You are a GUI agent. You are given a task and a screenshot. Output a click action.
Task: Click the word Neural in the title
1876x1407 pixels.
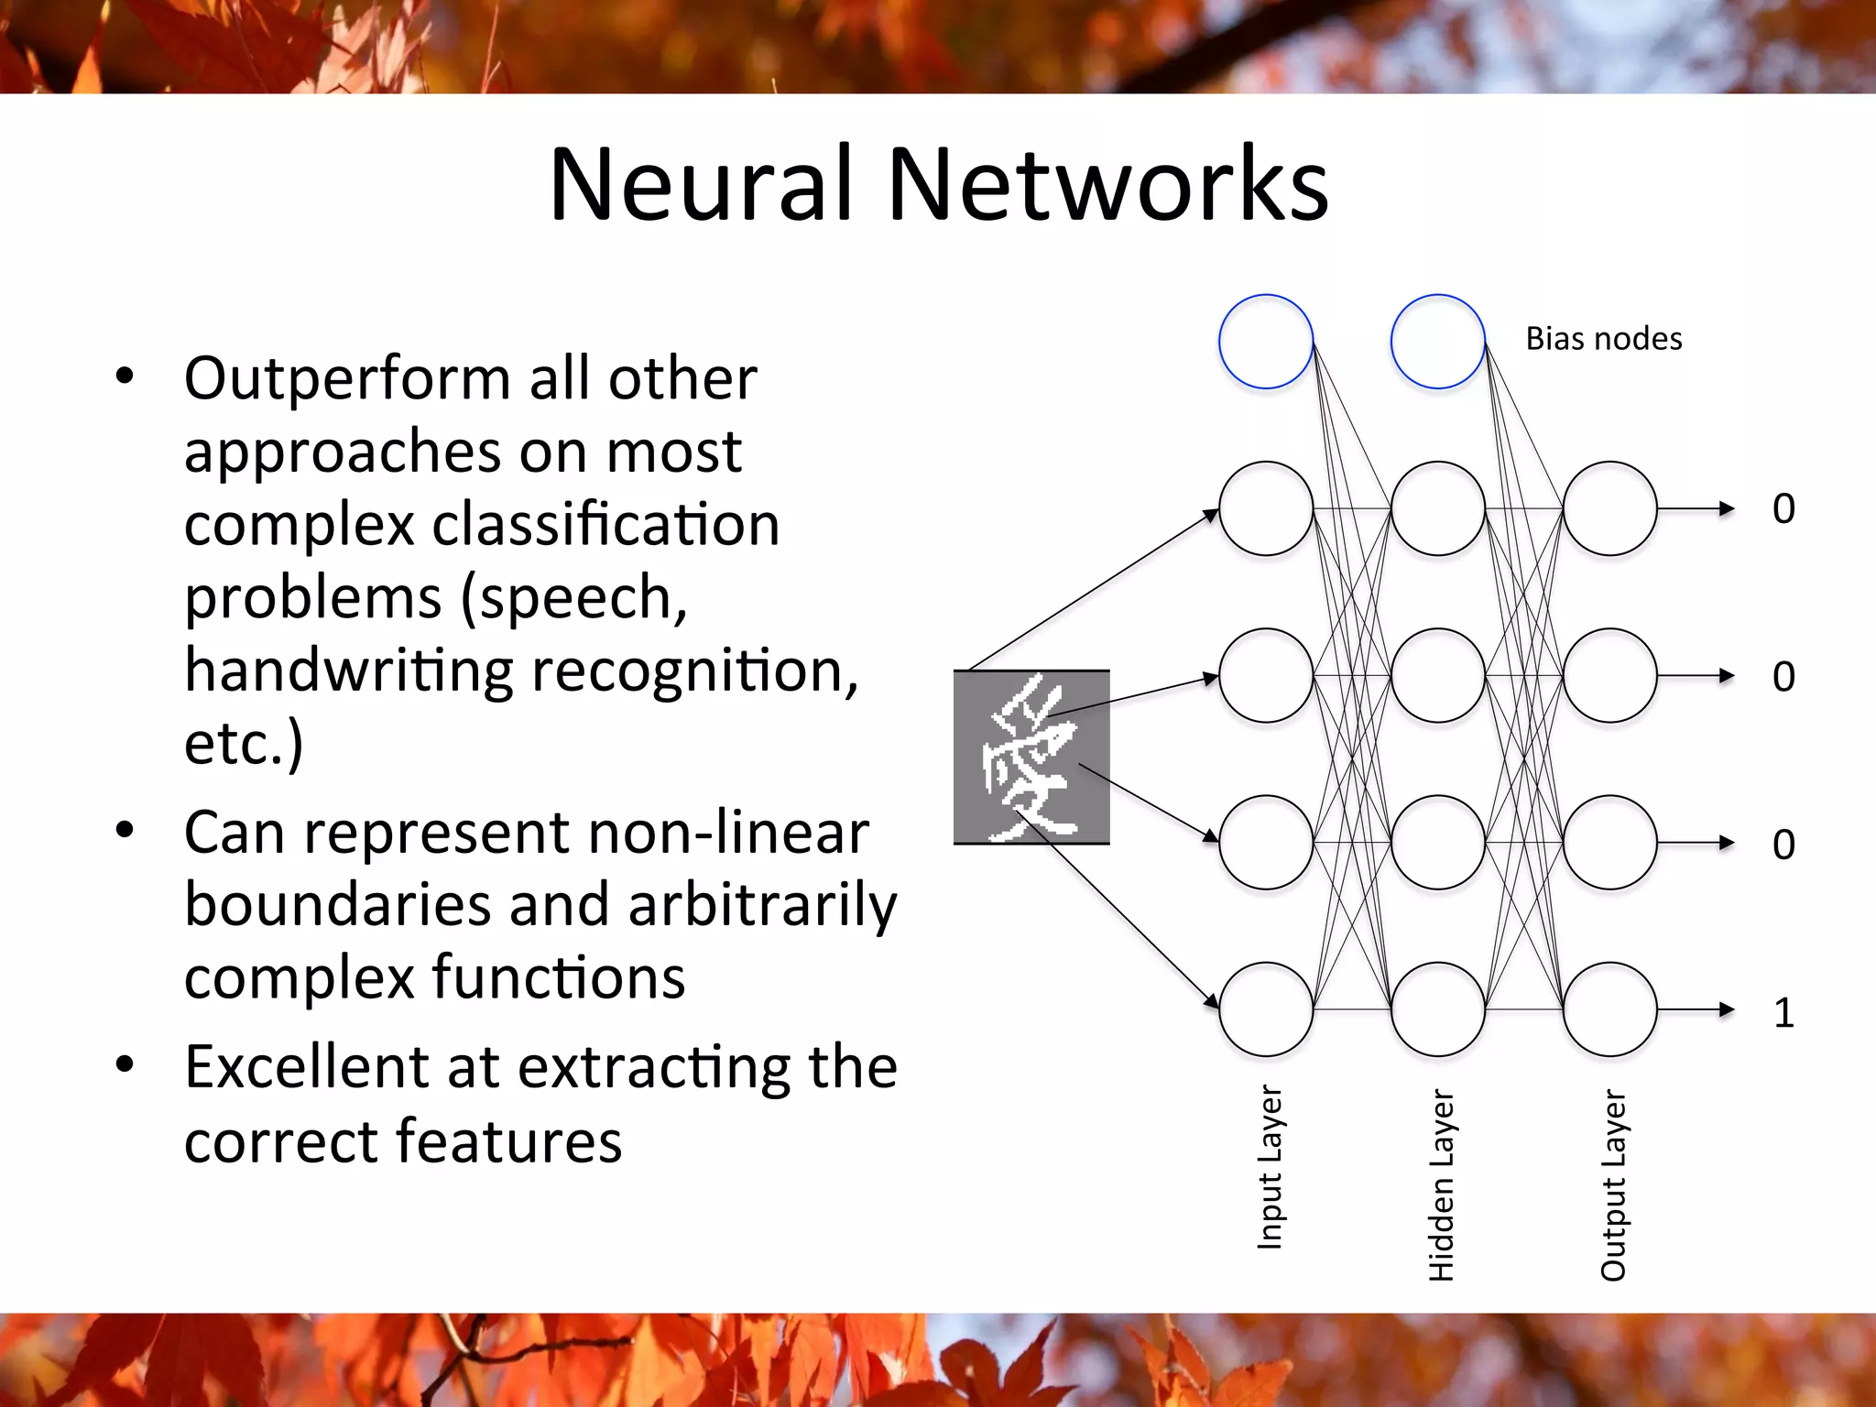tap(701, 185)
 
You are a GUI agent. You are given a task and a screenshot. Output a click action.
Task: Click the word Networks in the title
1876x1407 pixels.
tap(1107, 185)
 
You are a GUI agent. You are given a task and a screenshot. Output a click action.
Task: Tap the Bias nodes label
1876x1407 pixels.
tap(1603, 339)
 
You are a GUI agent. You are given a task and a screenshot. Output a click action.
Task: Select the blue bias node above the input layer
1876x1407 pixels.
tap(1266, 341)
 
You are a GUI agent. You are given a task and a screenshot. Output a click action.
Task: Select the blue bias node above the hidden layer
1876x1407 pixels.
tap(1437, 341)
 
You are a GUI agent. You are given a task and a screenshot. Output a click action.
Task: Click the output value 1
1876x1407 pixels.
tap(1783, 1013)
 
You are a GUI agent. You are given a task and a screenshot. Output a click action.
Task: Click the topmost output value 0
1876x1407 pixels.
tap(1783, 508)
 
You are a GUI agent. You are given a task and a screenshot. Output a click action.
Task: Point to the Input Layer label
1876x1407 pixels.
tap(1270, 1167)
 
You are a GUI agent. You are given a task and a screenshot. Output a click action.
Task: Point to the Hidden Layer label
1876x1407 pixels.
tap(1441, 1183)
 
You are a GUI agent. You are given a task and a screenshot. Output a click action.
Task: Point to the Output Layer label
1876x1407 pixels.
tap(1613, 1183)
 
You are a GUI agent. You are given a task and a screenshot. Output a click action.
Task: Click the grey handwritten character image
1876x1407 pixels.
tap(1031, 757)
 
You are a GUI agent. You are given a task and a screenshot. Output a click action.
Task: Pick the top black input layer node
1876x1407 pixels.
tap(1266, 508)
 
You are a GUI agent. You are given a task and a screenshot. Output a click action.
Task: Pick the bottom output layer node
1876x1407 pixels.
tap(1609, 1009)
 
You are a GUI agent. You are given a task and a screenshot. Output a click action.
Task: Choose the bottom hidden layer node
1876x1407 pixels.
tap(1437, 1009)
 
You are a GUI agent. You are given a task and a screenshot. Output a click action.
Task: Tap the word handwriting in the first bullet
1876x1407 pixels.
tap(349, 671)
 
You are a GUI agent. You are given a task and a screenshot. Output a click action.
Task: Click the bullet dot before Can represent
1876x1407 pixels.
tap(125, 831)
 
